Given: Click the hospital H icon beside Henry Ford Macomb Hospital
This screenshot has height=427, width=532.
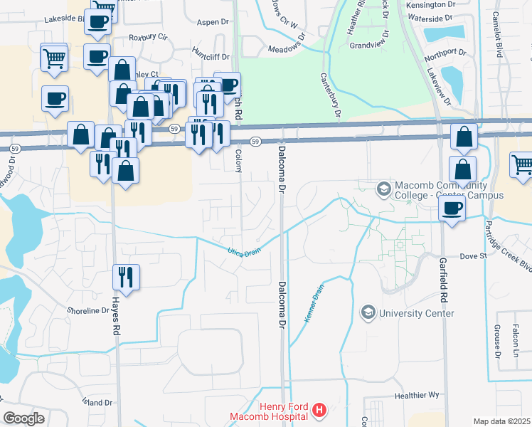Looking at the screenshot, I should click(x=319, y=411).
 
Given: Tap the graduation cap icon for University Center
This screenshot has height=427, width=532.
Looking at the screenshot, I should click(x=368, y=312).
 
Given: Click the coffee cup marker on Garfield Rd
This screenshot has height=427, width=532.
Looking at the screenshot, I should click(x=453, y=208).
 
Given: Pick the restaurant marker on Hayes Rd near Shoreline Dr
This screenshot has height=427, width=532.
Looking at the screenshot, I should click(x=127, y=277).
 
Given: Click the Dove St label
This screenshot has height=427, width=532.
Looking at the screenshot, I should click(x=472, y=255).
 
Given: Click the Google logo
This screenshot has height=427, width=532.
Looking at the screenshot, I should click(x=23, y=418).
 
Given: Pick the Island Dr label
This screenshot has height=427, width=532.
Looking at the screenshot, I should click(x=97, y=402).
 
